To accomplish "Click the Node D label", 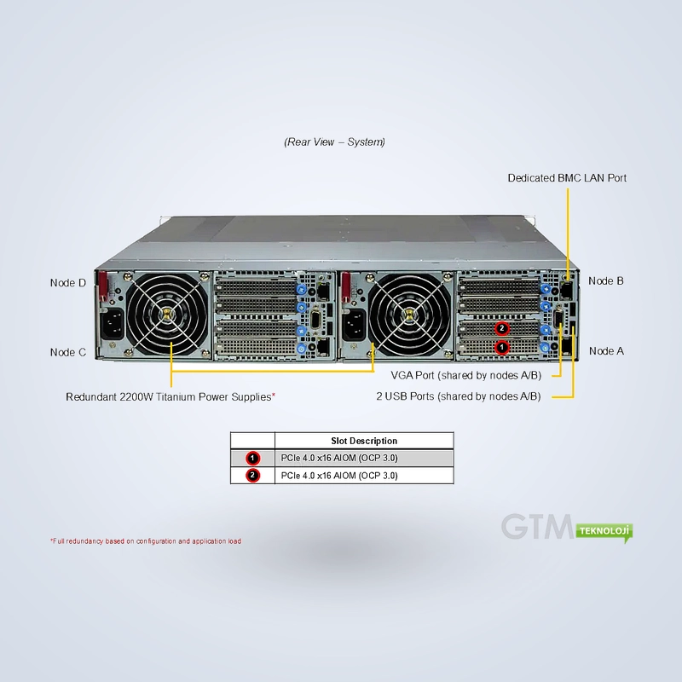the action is tap(68, 283).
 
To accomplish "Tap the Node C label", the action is tap(68, 352).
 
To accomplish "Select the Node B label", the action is tap(606, 281).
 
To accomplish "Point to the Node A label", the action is tap(606, 351).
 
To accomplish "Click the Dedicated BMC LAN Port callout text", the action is tap(567, 178).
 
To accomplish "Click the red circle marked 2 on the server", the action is tap(502, 328).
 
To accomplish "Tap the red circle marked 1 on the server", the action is tap(502, 348).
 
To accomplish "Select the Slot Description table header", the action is tap(364, 441).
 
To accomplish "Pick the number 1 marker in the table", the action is tap(252, 458).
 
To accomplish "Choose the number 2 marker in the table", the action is tap(252, 476).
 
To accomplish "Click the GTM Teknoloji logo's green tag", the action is tap(604, 532).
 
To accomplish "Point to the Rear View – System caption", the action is tap(334, 142).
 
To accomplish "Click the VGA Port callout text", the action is tap(465, 375).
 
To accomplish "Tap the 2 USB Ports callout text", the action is tap(459, 396).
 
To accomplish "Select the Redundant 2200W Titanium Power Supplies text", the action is tap(169, 396).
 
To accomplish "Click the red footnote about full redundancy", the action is tap(146, 541).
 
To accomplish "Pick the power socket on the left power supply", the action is tap(113, 326).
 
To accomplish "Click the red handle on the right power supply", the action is tap(346, 287).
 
